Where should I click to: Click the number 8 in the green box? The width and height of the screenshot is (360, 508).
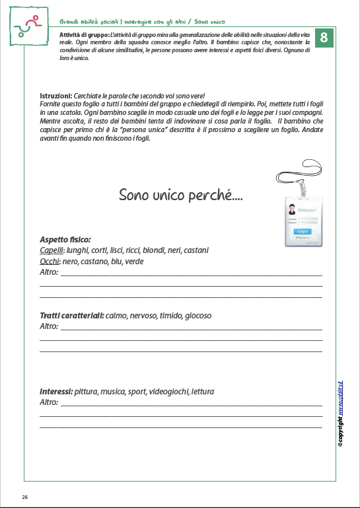point(324,38)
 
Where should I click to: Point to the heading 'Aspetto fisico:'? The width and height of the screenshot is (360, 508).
point(65,239)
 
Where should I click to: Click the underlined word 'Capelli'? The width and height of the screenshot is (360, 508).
point(52,250)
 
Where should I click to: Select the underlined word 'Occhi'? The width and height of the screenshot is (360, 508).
point(51,262)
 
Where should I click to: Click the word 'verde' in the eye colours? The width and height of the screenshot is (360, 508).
point(135,262)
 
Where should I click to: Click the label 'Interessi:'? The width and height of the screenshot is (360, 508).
point(56,392)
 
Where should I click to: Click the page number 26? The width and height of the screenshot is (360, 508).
point(24,497)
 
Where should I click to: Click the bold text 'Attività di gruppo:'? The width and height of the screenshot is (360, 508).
point(83,33)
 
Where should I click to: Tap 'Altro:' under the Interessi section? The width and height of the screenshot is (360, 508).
point(49,402)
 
